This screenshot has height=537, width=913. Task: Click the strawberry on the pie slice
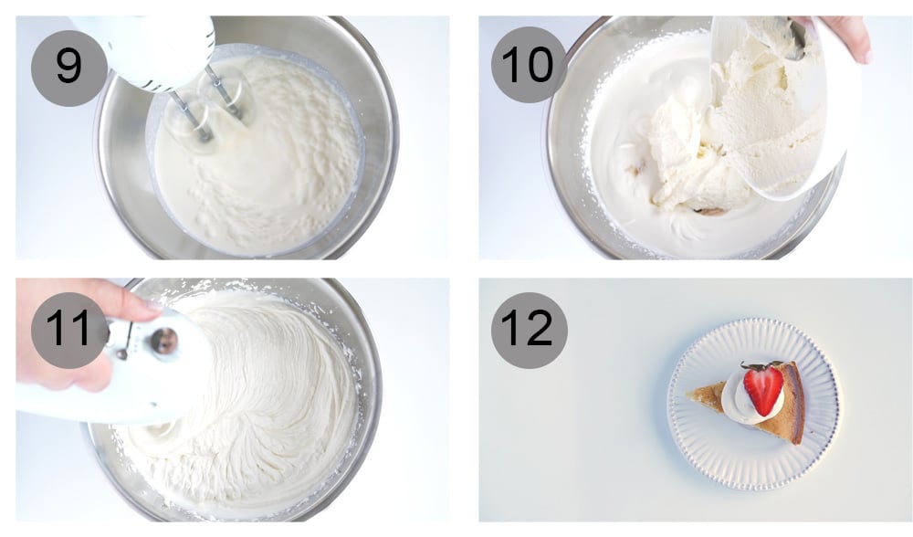pos(763,388)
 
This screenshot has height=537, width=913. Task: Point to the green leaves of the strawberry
pos(755,367)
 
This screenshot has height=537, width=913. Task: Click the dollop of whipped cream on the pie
pos(738,403)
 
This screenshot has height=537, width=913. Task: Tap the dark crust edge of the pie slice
pos(796,402)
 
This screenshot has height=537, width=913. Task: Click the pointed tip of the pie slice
pos(691,395)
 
